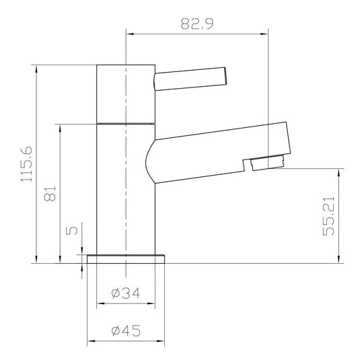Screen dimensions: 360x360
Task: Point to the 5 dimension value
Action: point(73,230)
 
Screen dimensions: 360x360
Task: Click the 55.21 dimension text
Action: point(328,215)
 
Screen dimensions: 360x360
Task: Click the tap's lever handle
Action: point(192,76)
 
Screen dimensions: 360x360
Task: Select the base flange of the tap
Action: point(126,259)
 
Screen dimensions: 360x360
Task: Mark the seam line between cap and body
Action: point(126,124)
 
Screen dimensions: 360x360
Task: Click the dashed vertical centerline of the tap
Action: point(126,202)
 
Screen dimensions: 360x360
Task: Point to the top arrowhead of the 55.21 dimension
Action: point(338,170)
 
